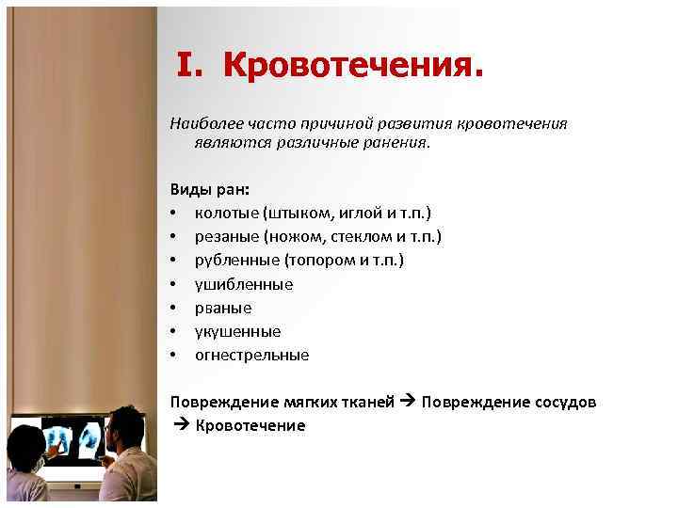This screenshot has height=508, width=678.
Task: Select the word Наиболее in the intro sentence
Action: tap(202, 124)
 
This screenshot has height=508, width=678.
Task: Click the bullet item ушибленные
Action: tap(244, 283)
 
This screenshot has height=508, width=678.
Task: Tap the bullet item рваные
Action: tap(223, 308)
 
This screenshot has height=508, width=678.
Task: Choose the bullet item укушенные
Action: tap(237, 331)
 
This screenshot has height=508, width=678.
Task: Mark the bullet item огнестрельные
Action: tap(251, 356)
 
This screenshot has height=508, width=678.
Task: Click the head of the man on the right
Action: tap(122, 430)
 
